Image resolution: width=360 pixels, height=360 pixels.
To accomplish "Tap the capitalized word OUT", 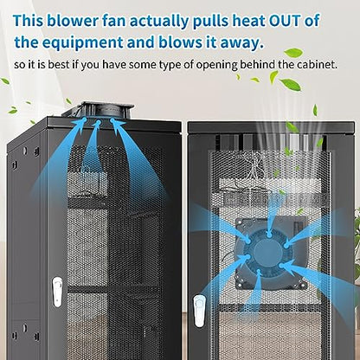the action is pyautogui.click(x=285, y=21).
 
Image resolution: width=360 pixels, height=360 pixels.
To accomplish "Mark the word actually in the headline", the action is pyautogui.click(x=157, y=22).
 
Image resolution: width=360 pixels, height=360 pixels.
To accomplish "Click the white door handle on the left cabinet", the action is pyautogui.click(x=57, y=292).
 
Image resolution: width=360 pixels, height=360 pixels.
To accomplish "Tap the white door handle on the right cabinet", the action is pyautogui.click(x=199, y=311).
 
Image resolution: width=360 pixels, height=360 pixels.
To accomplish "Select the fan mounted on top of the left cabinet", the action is pyautogui.click(x=98, y=110).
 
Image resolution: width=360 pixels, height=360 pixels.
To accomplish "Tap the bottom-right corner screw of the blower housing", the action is pyautogui.click(x=302, y=286).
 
